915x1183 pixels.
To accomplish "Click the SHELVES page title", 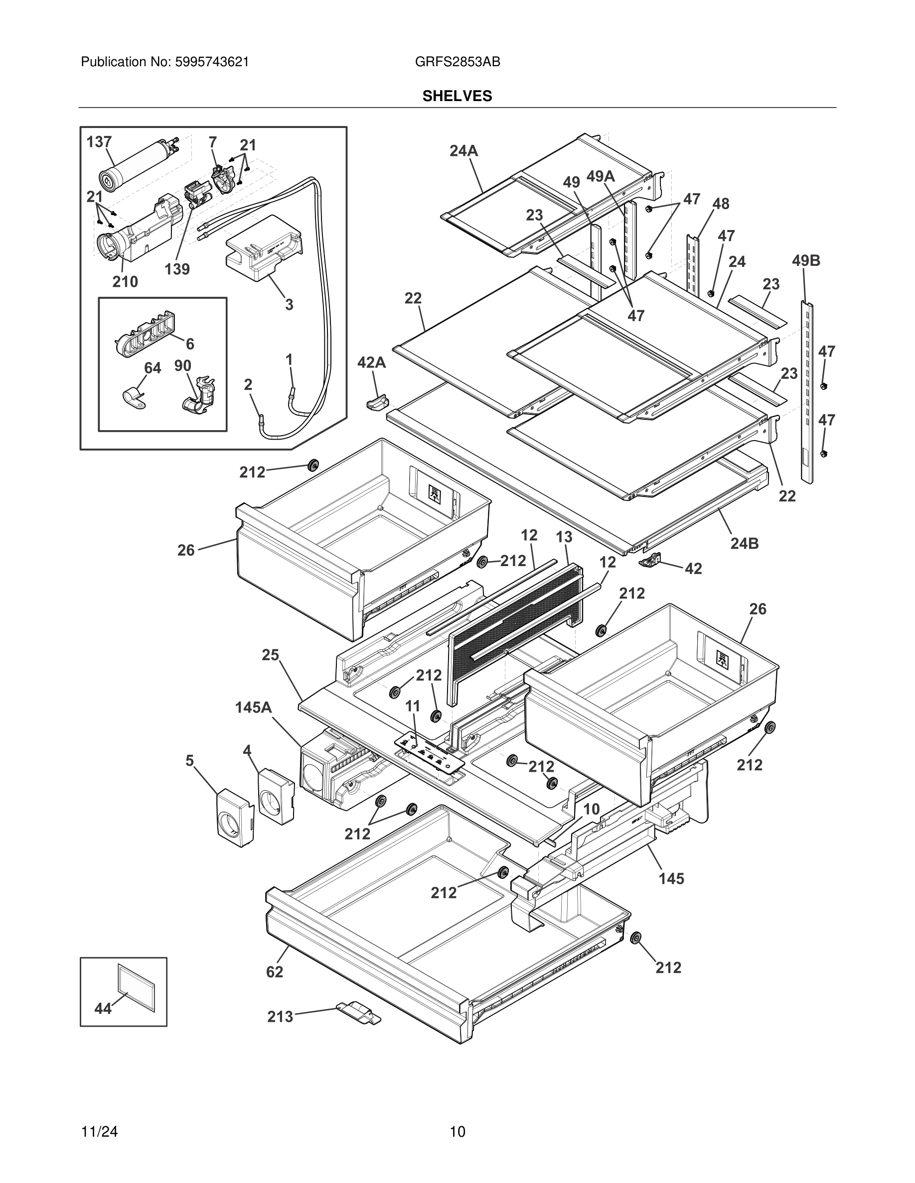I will (x=457, y=96).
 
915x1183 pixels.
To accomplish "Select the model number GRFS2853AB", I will (x=457, y=62).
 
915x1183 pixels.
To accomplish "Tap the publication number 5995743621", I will (x=211, y=62).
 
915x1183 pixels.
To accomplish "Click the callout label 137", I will (x=99, y=142).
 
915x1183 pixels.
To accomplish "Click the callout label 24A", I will (x=463, y=151).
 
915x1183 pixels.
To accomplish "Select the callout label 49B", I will (x=805, y=260).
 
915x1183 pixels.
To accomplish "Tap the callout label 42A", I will (x=371, y=362).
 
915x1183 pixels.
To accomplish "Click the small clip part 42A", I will (x=378, y=402).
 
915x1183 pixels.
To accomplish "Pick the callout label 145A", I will (x=253, y=708).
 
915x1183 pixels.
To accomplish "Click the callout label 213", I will (x=280, y=1017).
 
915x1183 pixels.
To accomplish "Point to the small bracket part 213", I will (x=358, y=1012).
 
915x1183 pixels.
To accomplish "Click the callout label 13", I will (x=564, y=537).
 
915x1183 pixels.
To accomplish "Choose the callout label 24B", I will (x=744, y=543).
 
